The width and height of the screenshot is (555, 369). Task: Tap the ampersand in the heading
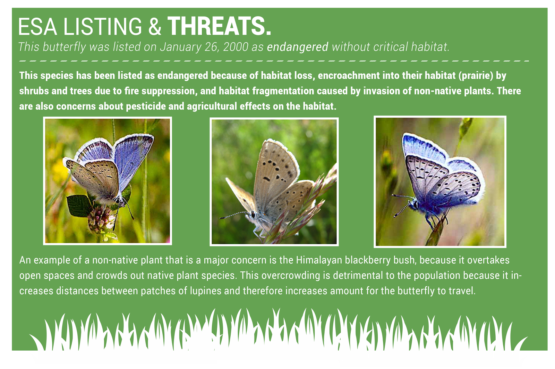pos(155,26)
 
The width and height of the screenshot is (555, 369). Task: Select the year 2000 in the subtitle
pos(236,47)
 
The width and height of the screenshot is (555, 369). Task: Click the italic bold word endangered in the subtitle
pos(298,47)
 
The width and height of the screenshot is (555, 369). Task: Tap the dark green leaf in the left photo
pos(78,206)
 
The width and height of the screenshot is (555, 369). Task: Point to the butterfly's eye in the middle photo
pos(253,214)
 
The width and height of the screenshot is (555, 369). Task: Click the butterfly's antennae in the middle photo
pos(234,215)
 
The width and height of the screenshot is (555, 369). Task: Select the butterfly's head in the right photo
pos(414,204)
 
